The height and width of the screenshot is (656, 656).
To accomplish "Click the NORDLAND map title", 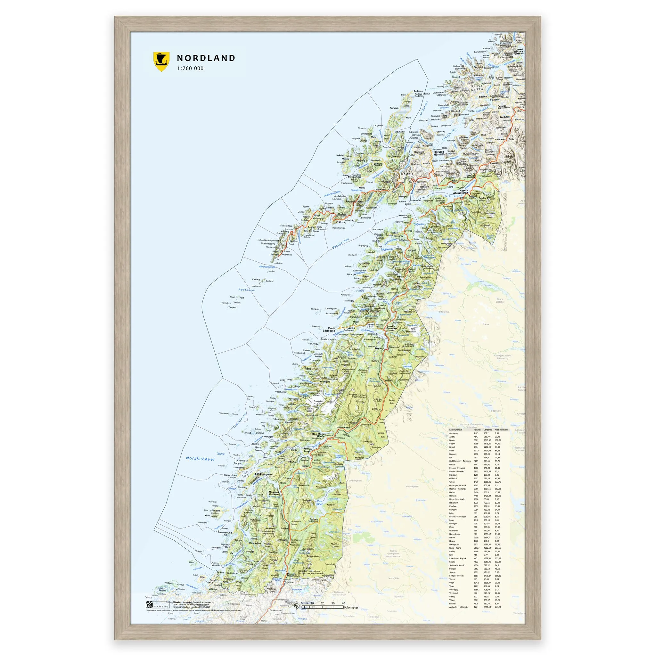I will pos(206,58).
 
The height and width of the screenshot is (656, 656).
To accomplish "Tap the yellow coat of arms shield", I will pos(161,61).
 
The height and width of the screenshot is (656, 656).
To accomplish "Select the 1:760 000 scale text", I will pos(190,68).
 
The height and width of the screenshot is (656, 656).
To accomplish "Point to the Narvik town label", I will pos(464,191).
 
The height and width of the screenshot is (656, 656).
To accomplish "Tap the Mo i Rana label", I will pos(318,434).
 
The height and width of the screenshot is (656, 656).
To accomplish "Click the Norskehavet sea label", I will pos(200,458).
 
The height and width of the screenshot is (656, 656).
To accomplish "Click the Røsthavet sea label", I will pos(247,290).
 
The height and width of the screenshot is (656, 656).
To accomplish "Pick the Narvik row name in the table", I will pos(453,537).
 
